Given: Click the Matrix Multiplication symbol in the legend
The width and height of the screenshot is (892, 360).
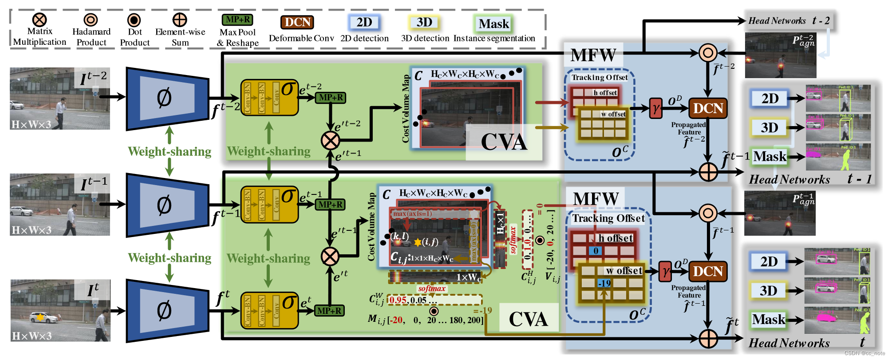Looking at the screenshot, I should click(x=39, y=20).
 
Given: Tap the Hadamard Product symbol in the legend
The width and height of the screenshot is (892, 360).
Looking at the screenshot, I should click(x=91, y=20).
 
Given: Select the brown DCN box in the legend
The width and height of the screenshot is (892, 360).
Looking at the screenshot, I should click(x=297, y=22).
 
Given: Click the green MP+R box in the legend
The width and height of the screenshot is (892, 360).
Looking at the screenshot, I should click(x=237, y=20).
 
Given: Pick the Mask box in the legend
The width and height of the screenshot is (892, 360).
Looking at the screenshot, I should click(x=494, y=24).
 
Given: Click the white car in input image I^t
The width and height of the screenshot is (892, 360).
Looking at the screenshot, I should click(x=43, y=317).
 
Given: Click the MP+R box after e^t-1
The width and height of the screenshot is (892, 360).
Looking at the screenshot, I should click(x=330, y=205).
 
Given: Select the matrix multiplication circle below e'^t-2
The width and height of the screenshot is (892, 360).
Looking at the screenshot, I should click(x=330, y=141).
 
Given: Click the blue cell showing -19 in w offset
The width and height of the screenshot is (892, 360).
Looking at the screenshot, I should click(x=604, y=283).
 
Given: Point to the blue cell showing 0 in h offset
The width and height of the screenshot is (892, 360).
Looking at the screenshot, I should click(x=596, y=251).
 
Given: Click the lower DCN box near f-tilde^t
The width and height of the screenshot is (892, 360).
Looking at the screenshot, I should click(x=708, y=271).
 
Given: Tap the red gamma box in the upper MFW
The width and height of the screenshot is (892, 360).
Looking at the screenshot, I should click(x=655, y=108).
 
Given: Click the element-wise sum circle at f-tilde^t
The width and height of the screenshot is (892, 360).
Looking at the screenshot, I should click(x=708, y=339).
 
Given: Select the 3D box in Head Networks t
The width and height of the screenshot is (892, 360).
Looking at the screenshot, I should click(x=768, y=291).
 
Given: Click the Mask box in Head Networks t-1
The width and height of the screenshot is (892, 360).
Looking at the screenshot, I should click(x=770, y=156).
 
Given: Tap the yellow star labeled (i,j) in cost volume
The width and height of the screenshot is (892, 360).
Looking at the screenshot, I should click(x=418, y=242).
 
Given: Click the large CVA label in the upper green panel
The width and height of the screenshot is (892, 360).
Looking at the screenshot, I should click(x=504, y=142).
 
